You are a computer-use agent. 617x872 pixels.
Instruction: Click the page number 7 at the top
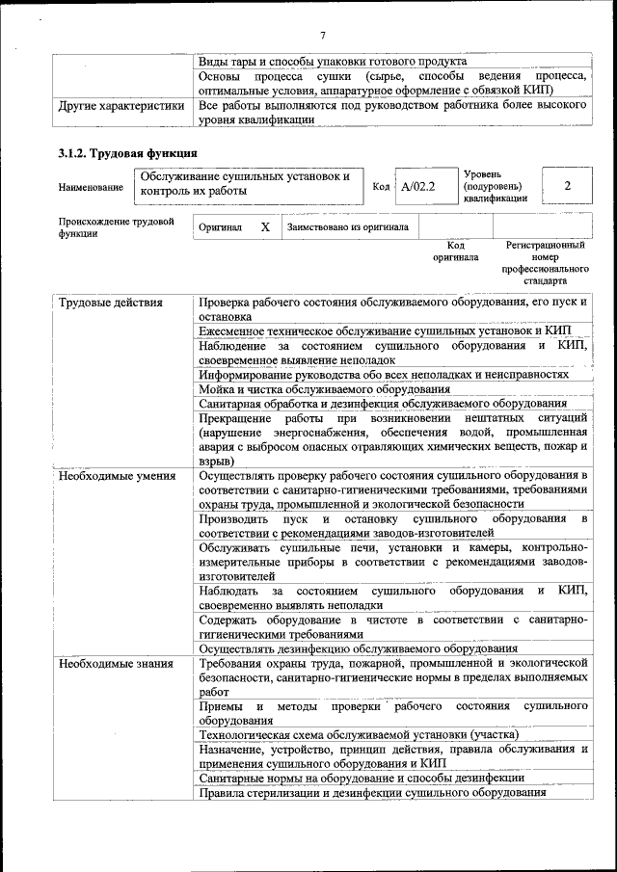[x=323, y=35]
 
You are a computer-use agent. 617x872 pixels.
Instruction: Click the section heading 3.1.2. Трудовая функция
[x=128, y=152]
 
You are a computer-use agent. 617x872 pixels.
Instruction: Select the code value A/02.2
[x=418, y=186]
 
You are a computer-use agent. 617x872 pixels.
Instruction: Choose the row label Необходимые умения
[x=117, y=476]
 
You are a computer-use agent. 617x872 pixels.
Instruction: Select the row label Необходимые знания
[x=116, y=664]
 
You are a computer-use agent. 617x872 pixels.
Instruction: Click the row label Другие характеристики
[x=121, y=106]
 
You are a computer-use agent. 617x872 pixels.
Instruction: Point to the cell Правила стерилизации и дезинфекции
[x=372, y=793]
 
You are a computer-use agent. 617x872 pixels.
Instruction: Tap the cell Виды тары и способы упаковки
[x=332, y=61]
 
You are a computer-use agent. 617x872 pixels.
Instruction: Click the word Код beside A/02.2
[x=380, y=186]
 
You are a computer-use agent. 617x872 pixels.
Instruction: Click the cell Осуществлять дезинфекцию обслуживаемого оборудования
[x=358, y=648]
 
